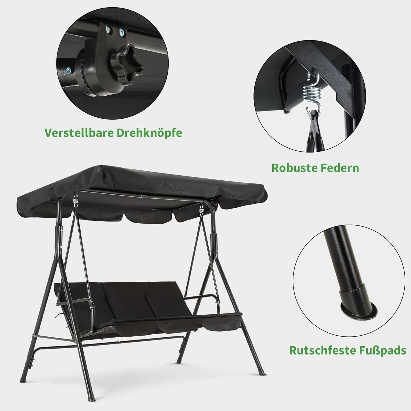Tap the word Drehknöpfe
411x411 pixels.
pyautogui.click(x=149, y=133)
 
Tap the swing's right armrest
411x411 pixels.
pyautogui.click(x=201, y=298)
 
